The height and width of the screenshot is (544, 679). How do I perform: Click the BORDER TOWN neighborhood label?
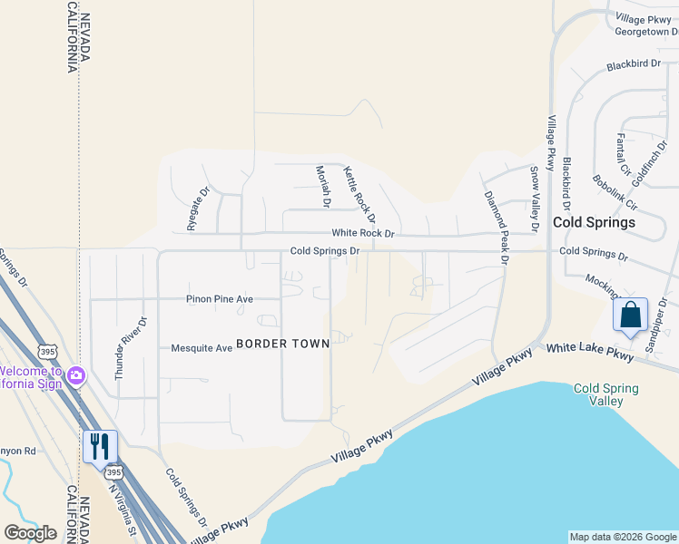[278, 344]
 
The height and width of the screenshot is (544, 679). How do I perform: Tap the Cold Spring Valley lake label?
[605, 394]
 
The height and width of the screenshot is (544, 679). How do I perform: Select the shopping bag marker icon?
[630, 316]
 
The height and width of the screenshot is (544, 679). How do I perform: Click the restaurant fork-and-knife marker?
[100, 446]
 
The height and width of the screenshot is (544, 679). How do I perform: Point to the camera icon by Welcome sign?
[76, 374]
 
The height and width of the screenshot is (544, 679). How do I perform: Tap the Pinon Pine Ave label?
[220, 298]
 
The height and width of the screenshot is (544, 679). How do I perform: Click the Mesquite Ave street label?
[202, 347]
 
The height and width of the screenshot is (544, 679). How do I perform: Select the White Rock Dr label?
[363, 233]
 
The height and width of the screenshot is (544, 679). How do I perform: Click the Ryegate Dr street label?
[192, 209]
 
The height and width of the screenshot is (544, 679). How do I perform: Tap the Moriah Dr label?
[320, 187]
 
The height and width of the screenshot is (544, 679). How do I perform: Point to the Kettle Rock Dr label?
[359, 194]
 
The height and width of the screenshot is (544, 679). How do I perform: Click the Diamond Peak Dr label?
[496, 227]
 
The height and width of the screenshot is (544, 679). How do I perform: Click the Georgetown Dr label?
[646, 31]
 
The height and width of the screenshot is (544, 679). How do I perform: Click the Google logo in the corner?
[30, 533]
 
